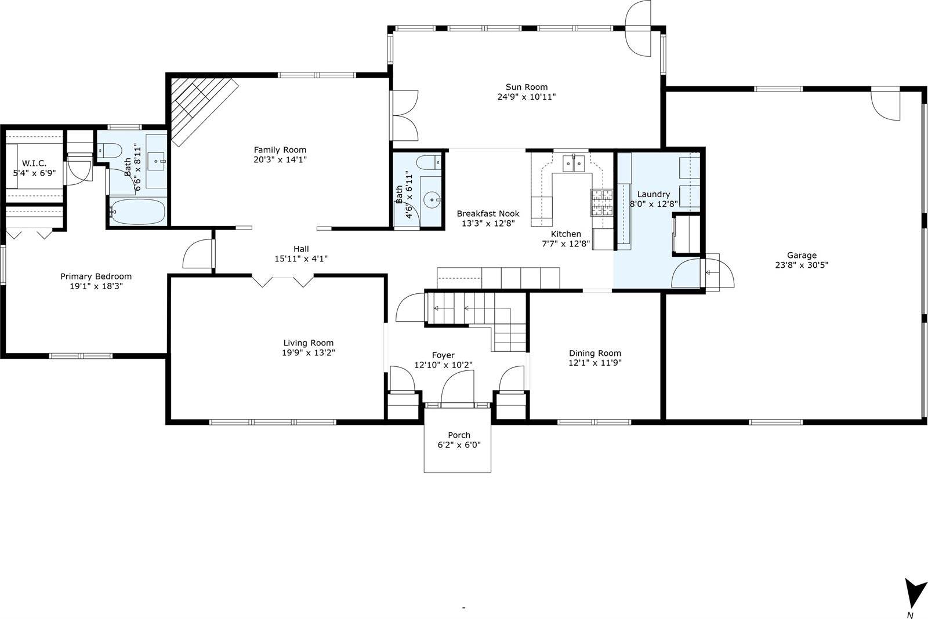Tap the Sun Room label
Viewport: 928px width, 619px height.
526,88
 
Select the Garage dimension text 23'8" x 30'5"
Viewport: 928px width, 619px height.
802,265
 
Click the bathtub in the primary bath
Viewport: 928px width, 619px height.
138,212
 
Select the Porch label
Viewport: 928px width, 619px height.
459,435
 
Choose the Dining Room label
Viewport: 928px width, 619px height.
594,353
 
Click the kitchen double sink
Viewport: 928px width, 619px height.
573,164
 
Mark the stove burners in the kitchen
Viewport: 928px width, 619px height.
601,202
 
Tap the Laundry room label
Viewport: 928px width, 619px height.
654,194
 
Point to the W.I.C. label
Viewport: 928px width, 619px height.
34,163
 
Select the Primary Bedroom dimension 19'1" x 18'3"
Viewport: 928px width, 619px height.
96,286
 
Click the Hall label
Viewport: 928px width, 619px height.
301,249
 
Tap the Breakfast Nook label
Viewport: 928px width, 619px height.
488,213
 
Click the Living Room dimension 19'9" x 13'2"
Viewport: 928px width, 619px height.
308,352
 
